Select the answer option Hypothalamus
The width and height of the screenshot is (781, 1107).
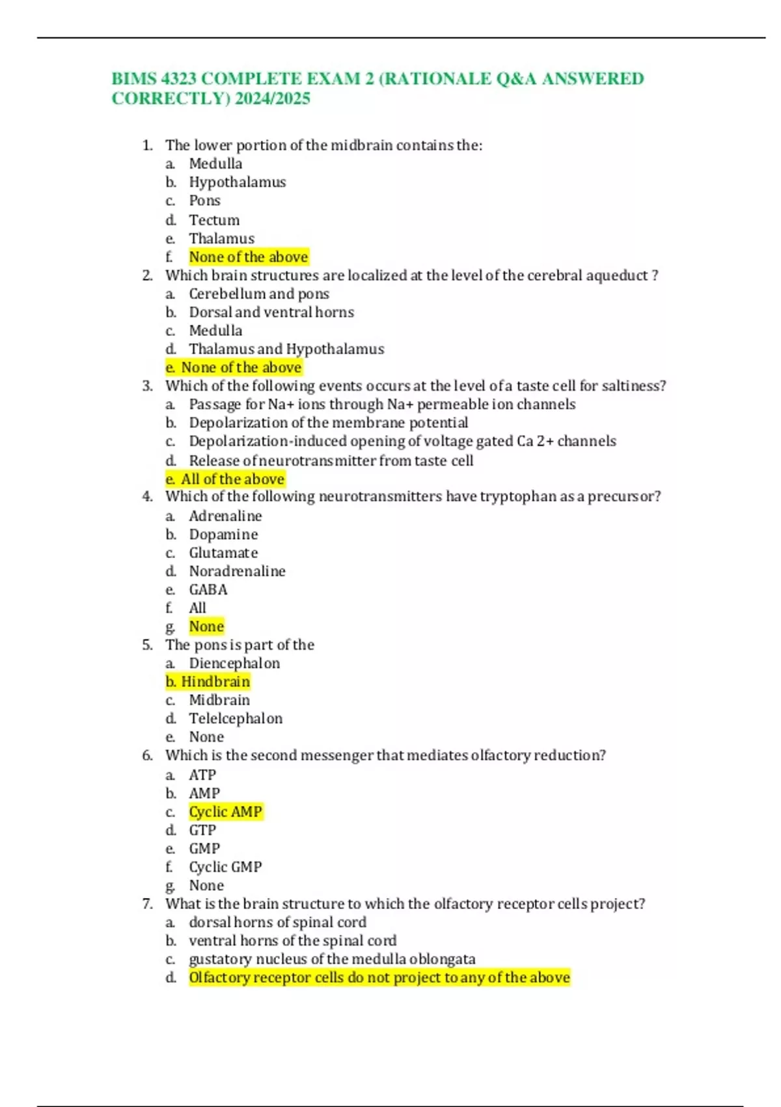pyautogui.click(x=237, y=182)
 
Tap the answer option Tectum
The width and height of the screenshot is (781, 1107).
pyautogui.click(x=214, y=220)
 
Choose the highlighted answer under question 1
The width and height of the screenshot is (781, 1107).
pyautogui.click(x=248, y=257)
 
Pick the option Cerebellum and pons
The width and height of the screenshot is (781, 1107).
pyautogui.click(x=259, y=294)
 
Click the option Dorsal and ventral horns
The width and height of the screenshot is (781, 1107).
pyautogui.click(x=271, y=313)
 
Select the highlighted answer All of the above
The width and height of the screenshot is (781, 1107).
pyautogui.click(x=232, y=479)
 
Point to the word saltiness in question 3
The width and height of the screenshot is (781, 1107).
pyautogui.click(x=633, y=386)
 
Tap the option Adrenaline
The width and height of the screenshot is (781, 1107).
pyautogui.click(x=225, y=516)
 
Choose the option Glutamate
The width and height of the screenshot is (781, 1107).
pyautogui.click(x=223, y=553)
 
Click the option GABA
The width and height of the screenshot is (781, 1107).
pyautogui.click(x=208, y=590)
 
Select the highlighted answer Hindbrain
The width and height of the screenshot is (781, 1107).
pyautogui.click(x=215, y=682)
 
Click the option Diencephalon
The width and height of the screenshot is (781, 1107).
pyautogui.click(x=234, y=664)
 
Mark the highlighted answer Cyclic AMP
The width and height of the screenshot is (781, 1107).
pyautogui.click(x=225, y=812)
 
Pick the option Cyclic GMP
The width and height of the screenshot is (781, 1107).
pyautogui.click(x=225, y=867)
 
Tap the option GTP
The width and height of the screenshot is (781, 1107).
pyautogui.click(x=202, y=830)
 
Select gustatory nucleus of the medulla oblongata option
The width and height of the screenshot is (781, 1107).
pyautogui.click(x=332, y=959)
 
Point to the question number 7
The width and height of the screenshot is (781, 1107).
pyautogui.click(x=148, y=904)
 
